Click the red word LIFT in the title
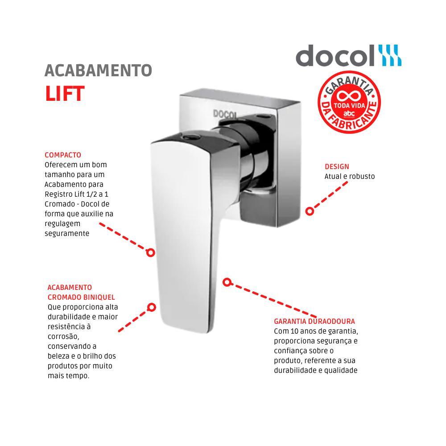tap(65, 93)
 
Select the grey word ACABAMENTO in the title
tap(98, 70)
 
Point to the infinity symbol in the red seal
tap(349, 96)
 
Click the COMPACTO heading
tap(63, 155)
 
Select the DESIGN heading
tap(337, 167)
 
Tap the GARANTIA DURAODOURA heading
tap(314, 321)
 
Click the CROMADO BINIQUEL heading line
tap(81, 297)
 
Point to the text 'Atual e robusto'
tap(350, 176)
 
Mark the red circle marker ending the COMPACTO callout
tap(151, 252)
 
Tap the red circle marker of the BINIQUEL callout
tap(152, 307)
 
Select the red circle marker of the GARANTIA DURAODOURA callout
tap(227, 282)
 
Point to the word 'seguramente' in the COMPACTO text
tap(67, 233)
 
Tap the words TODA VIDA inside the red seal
tap(349, 107)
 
